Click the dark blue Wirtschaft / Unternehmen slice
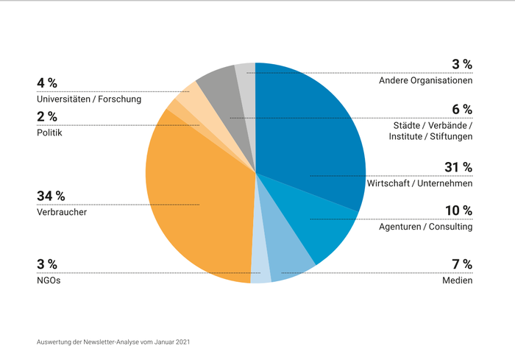[309, 133]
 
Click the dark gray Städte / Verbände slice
[218, 85]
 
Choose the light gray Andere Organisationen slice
[246, 77]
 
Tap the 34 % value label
[51, 196]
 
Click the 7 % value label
[462, 264]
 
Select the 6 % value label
[462, 109]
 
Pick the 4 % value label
[46, 82]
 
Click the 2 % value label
[46, 116]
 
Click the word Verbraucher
[62, 212]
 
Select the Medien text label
[457, 280]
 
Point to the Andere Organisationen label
[425, 80]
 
